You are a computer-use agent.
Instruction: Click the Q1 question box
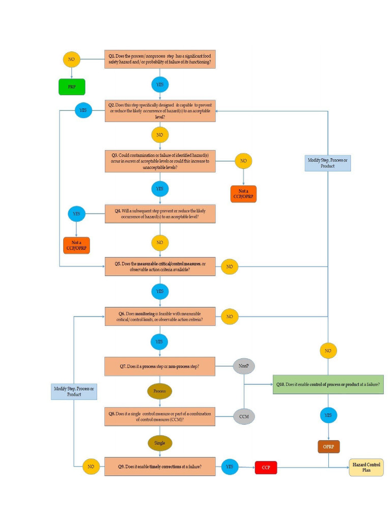tap(160, 59)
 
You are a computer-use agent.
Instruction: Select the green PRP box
tap(72, 87)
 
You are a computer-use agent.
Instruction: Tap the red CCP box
tap(266, 468)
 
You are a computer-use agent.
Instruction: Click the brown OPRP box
tap(328, 447)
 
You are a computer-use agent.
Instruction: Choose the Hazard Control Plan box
tap(366, 467)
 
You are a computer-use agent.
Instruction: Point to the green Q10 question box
tap(328, 385)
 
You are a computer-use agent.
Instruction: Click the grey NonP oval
tap(244, 366)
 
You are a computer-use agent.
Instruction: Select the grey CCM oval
tap(244, 416)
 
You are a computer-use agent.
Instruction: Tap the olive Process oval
tap(160, 391)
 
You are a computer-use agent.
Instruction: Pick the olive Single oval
tap(160, 443)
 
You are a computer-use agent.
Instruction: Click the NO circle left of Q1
tap(71, 59)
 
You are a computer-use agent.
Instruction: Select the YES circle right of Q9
tap(230, 467)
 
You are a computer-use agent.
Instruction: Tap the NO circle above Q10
tap(328, 351)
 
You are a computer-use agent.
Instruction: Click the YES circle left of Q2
tap(83, 110)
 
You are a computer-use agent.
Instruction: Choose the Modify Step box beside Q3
tap(328, 163)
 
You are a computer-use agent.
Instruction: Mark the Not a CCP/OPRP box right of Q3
tap(243, 194)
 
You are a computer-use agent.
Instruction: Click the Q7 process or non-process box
tap(160, 366)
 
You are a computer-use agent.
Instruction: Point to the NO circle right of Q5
tap(230, 267)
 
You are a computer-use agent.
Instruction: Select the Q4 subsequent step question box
tap(160, 214)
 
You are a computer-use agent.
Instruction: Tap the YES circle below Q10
tap(328, 415)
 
